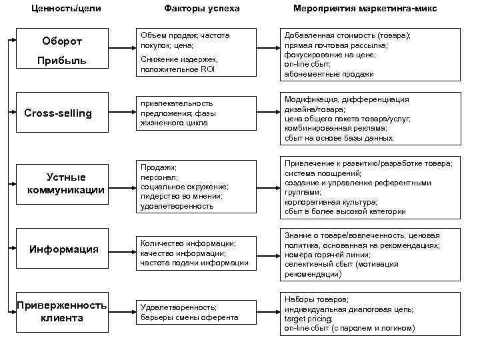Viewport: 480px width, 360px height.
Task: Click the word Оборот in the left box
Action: pyautogui.click(x=62, y=41)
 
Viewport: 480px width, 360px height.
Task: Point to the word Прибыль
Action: pyautogui.click(x=62, y=61)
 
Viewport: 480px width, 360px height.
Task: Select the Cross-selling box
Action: pyautogui.click(x=59, y=113)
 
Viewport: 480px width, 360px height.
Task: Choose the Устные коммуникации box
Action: pyautogui.click(x=66, y=184)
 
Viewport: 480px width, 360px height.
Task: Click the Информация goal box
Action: pyautogui.click(x=64, y=249)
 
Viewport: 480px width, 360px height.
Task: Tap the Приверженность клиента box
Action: pyautogui.click(x=61, y=311)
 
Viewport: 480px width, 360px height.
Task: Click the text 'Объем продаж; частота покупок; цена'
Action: pyautogui.click(x=185, y=40)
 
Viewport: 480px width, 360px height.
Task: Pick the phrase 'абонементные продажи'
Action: pyautogui.click(x=329, y=74)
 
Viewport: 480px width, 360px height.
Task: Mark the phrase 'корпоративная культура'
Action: pyautogui.click(x=331, y=202)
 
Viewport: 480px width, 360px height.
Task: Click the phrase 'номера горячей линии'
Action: pyautogui.click(x=325, y=255)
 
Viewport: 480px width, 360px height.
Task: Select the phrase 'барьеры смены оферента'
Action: pyautogui.click(x=189, y=317)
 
